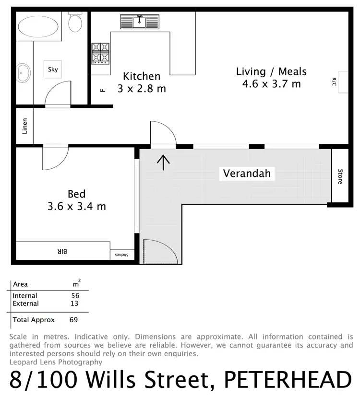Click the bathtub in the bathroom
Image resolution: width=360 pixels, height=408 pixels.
[39, 26]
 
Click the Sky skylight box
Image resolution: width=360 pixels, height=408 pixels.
[53, 70]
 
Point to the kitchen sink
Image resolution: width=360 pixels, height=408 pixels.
[140, 22]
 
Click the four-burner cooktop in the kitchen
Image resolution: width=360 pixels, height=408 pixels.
[101, 53]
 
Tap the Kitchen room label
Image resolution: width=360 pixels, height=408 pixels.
[142, 76]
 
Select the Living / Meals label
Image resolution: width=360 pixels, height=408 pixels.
[271, 72]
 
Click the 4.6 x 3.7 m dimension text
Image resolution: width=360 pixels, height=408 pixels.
[271, 84]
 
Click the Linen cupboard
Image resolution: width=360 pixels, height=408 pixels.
[24, 126]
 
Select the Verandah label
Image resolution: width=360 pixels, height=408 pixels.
[247, 173]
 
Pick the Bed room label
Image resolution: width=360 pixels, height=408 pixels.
[77, 194]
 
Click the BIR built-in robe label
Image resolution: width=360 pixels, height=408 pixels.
[62, 251]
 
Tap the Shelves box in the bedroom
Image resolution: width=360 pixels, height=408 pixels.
[122, 255]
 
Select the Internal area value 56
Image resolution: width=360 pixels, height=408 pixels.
[75, 296]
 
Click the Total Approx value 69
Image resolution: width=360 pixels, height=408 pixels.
[73, 320]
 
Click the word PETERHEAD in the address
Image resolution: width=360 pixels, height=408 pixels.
[288, 381]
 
